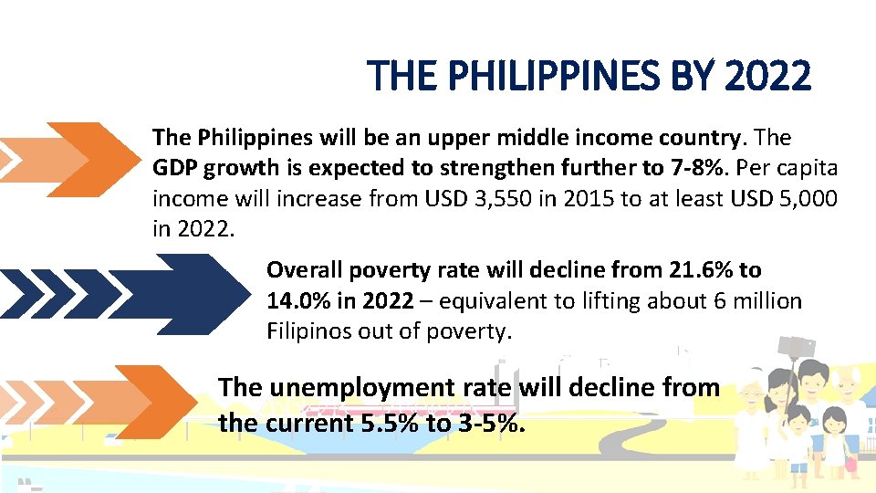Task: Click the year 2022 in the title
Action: [766, 76]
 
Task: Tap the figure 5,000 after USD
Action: [804, 198]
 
